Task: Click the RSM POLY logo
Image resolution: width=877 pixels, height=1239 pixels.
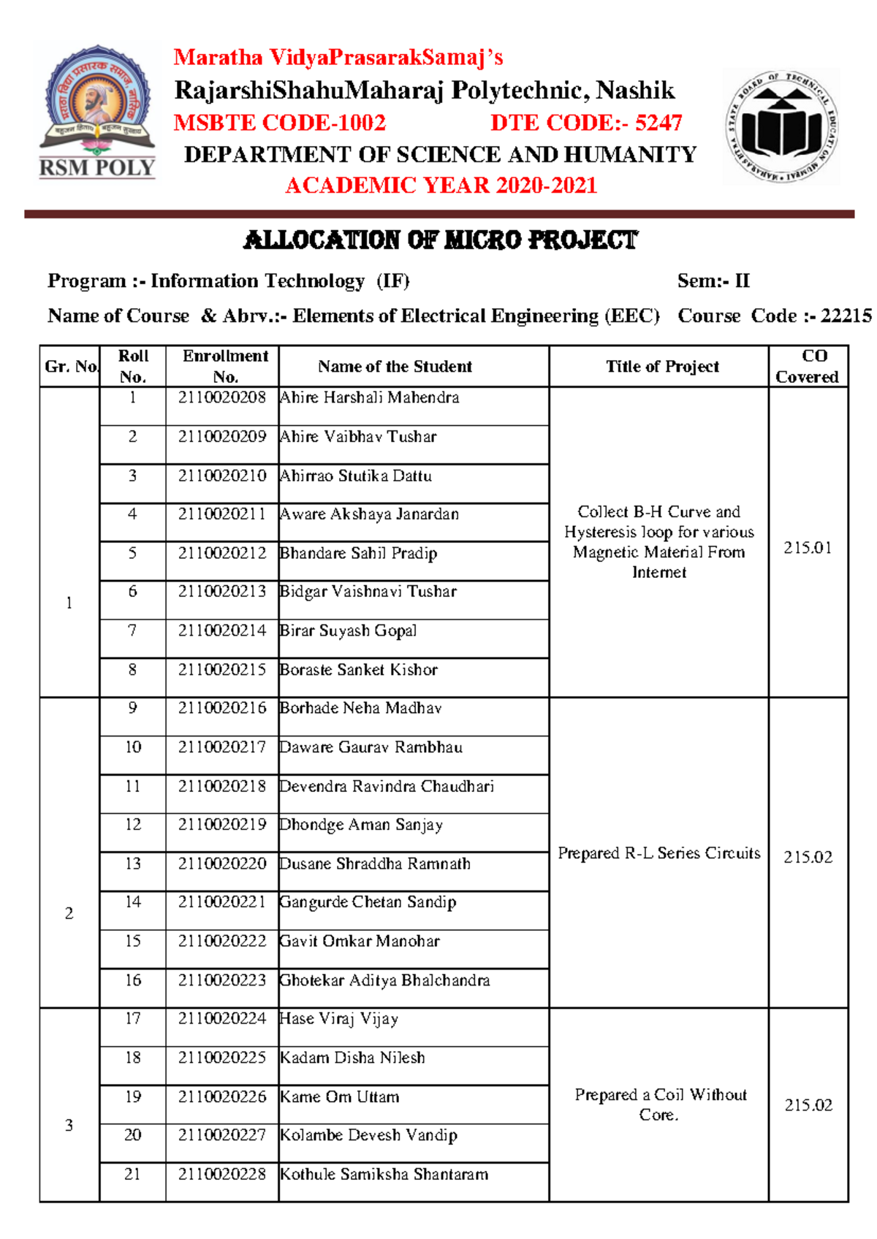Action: (97, 112)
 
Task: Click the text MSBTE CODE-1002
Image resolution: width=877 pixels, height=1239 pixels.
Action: (279, 123)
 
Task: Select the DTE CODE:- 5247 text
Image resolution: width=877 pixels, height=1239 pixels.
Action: (586, 123)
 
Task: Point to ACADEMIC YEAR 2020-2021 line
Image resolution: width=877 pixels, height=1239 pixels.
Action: (441, 186)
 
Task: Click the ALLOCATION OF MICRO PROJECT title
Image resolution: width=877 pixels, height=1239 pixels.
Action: (440, 240)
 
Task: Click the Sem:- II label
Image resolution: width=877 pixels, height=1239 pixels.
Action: (713, 281)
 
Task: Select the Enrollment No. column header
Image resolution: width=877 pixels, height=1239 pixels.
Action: (225, 366)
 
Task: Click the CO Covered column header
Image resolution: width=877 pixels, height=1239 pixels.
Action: (807, 366)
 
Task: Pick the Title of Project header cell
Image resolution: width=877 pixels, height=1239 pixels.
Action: (662, 367)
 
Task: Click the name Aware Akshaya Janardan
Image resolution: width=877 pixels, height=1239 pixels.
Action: (370, 514)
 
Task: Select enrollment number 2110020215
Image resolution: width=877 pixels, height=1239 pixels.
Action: (222, 669)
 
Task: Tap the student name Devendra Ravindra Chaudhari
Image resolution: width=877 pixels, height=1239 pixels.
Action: (387, 786)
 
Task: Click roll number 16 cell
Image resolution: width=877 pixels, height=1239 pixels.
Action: (133, 980)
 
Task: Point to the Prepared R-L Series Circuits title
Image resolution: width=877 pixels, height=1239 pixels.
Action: (658, 853)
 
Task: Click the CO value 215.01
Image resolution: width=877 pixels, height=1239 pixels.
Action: (808, 548)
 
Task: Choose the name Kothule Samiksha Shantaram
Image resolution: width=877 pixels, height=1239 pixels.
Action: (384, 1174)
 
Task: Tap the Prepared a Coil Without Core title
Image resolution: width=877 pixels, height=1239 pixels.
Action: (660, 1104)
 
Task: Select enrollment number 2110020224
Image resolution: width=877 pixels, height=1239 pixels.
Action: (222, 1018)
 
